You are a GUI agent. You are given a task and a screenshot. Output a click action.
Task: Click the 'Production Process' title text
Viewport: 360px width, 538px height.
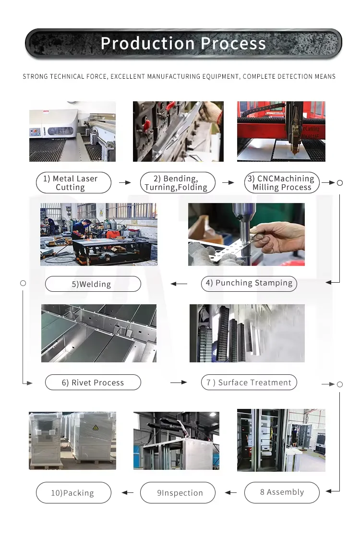(x=183, y=44)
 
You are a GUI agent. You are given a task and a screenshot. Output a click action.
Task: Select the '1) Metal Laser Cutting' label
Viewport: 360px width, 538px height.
(x=73, y=182)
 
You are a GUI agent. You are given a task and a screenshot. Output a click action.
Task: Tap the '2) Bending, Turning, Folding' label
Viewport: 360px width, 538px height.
(x=178, y=182)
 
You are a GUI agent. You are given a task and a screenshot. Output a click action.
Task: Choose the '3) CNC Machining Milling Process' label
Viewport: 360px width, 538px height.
(x=282, y=182)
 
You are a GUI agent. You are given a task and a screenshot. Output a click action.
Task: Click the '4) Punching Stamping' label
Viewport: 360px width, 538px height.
(x=249, y=284)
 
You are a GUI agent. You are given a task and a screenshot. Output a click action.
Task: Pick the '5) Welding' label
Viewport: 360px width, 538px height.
(x=93, y=284)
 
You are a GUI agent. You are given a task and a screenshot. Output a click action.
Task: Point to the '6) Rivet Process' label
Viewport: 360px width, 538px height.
(x=93, y=382)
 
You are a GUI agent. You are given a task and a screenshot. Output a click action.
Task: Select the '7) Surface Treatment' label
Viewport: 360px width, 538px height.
(x=249, y=382)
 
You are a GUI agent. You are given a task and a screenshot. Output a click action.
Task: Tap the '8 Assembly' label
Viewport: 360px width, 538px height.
(x=282, y=492)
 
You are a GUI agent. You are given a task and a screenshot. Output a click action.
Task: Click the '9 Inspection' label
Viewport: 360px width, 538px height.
(x=178, y=492)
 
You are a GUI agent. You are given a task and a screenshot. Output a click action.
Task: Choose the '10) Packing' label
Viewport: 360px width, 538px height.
(x=73, y=492)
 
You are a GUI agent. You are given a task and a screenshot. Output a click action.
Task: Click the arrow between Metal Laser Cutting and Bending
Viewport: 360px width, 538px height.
(x=125, y=182)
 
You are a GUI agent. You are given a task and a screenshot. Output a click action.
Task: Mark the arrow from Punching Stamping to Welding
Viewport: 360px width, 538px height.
(x=179, y=284)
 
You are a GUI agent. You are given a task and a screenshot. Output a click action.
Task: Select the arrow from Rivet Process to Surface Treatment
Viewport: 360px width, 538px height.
(x=179, y=382)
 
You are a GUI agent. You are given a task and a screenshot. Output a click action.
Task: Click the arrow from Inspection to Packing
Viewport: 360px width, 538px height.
(x=127, y=493)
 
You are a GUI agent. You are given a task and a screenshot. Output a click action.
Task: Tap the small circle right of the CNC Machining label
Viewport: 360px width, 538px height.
(x=340, y=183)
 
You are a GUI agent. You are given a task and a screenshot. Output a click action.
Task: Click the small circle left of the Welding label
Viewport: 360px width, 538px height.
(x=23, y=283)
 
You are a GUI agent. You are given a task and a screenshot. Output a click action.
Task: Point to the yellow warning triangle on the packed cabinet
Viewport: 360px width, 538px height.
(x=96, y=428)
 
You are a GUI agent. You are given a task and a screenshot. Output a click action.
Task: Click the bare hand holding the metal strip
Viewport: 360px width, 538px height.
(x=278, y=237)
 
